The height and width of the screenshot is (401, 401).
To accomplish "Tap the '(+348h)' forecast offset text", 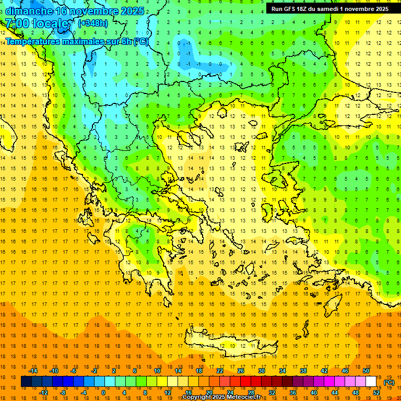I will click(93, 23).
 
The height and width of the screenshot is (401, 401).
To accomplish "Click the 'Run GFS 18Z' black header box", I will click(329, 9).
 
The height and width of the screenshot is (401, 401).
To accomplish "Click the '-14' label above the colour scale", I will click(33, 370).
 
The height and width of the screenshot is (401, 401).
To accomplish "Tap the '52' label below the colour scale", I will click(376, 393).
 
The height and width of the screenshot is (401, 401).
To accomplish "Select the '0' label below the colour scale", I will click(103, 393).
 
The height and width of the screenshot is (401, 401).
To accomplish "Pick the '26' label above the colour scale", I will click(241, 370).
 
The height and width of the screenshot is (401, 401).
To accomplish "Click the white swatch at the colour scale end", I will click(371, 382).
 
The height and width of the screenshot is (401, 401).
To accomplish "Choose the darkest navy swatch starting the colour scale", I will click(26, 382).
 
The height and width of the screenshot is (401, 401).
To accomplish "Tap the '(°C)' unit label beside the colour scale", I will click(389, 382).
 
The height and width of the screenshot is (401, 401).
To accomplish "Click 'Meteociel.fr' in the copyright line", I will click(242, 397).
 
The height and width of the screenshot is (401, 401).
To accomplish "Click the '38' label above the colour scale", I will click(303, 370).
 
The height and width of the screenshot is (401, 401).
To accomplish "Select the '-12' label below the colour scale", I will click(43, 393).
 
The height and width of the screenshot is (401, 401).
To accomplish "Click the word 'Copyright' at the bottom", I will click(197, 397).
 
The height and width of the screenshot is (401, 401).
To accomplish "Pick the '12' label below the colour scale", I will click(168, 393).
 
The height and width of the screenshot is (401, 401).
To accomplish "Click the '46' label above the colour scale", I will click(345, 370).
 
